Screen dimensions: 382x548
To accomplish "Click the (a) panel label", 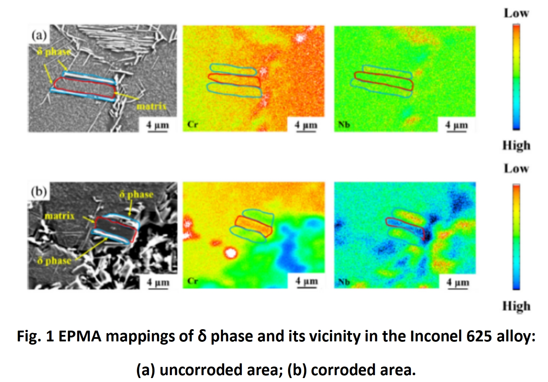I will tap(39, 35).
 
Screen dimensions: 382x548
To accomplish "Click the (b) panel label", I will tap(39, 192).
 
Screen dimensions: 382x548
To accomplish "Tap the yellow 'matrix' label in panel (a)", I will tap(151, 106).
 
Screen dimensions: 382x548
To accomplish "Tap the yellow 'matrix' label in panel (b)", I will tap(59, 216).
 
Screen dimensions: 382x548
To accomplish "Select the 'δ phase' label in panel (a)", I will tap(54, 52).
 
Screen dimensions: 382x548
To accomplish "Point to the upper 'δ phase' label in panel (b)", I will tap(136, 194).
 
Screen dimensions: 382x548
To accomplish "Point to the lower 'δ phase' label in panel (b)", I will tap(54, 260).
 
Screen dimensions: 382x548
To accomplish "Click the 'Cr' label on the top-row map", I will tap(193, 125).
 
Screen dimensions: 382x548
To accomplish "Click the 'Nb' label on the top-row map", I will tap(344, 125).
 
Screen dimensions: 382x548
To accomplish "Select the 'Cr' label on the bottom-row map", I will tap(193, 281).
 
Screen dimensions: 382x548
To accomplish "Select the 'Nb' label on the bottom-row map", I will tap(344, 282).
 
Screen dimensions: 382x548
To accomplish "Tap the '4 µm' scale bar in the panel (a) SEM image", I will tap(158, 126).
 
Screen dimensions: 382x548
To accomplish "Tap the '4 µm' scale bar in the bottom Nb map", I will tap(458, 283).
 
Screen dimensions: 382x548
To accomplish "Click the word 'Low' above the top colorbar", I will tap(516, 13).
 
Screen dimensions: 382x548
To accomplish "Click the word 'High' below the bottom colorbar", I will tap(516, 306).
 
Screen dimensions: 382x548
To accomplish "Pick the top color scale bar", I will tap(516, 77).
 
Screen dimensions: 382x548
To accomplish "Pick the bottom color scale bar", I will tap(516, 236).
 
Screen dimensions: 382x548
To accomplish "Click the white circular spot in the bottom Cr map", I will tap(230, 253).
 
